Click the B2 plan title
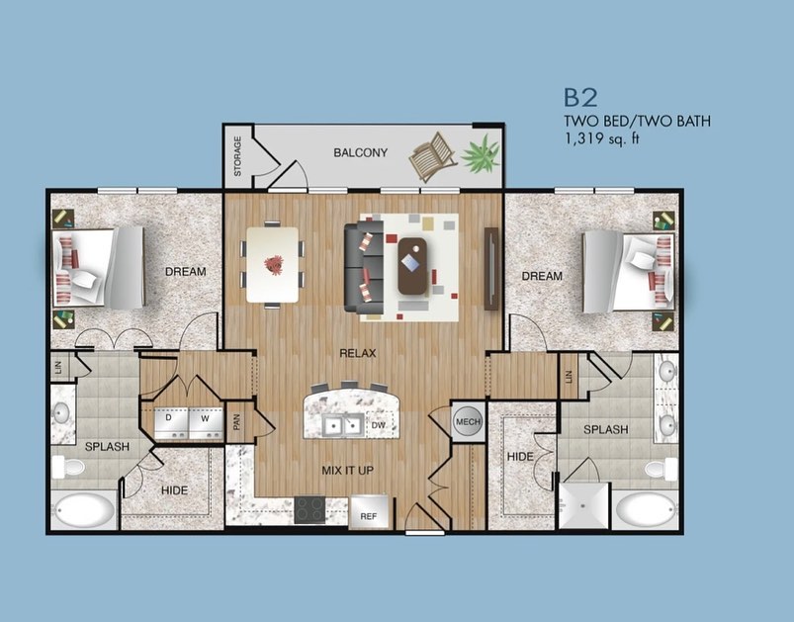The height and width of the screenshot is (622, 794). click(580, 98)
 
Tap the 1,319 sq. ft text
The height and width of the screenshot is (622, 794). click(602, 138)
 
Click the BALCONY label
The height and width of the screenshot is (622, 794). click(361, 152)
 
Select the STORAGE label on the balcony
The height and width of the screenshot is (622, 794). click(237, 156)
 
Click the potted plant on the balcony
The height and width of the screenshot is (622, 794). click(481, 154)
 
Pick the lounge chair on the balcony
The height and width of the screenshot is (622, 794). click(432, 155)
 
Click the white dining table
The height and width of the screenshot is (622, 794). click(273, 264)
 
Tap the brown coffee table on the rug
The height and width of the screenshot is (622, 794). click(412, 266)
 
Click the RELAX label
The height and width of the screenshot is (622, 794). click(358, 353)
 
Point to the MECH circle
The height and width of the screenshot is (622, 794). click(468, 421)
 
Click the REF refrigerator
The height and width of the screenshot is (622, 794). click(369, 512)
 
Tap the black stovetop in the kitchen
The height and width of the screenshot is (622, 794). click(309, 509)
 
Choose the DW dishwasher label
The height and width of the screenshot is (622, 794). click(379, 425)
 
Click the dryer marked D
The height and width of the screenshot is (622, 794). click(171, 423)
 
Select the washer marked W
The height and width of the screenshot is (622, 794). click(206, 423)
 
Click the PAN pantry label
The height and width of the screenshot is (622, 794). click(236, 421)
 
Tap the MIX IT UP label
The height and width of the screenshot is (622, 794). click(347, 471)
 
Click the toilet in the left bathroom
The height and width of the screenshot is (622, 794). click(68, 467)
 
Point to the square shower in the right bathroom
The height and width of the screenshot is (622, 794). click(583, 505)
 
